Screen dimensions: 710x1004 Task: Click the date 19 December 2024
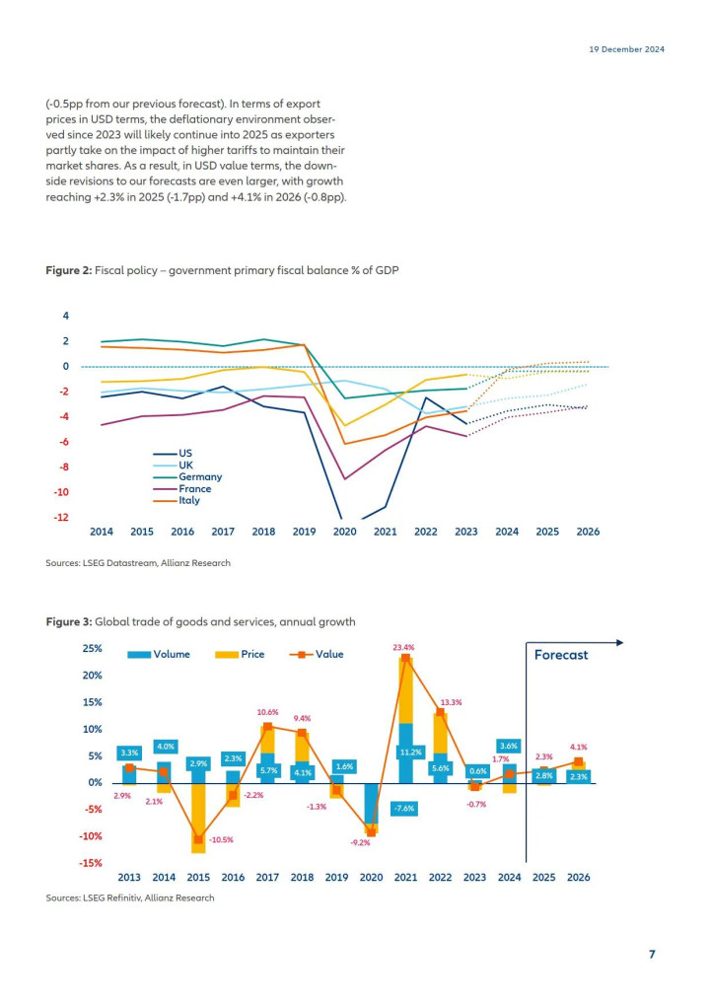coord(627,49)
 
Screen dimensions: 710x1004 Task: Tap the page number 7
coord(652,954)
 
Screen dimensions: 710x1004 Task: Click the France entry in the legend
coord(182,488)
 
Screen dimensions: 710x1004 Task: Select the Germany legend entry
coord(187,477)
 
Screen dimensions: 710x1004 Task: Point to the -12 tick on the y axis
coord(61,518)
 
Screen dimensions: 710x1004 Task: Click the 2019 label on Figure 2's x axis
coord(304,532)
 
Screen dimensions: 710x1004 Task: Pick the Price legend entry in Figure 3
coord(240,655)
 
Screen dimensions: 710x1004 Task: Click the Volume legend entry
coord(159,655)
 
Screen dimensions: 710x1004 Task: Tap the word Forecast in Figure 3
coord(561,655)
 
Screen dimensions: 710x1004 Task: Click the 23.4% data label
coord(403,647)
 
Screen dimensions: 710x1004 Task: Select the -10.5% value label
coord(222,839)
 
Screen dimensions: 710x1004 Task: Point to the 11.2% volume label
coord(410,753)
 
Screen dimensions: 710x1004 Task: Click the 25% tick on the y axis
coord(92,649)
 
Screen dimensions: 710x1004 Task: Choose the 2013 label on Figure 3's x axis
coord(129,877)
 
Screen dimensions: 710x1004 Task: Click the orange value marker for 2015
coord(198,838)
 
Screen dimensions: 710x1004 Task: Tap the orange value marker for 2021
coord(406,658)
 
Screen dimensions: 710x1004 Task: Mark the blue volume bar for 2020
coord(372,804)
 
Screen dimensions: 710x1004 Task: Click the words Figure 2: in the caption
coord(68,271)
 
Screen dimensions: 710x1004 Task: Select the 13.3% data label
coord(452,702)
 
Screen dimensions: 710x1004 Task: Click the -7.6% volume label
coord(404,809)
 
